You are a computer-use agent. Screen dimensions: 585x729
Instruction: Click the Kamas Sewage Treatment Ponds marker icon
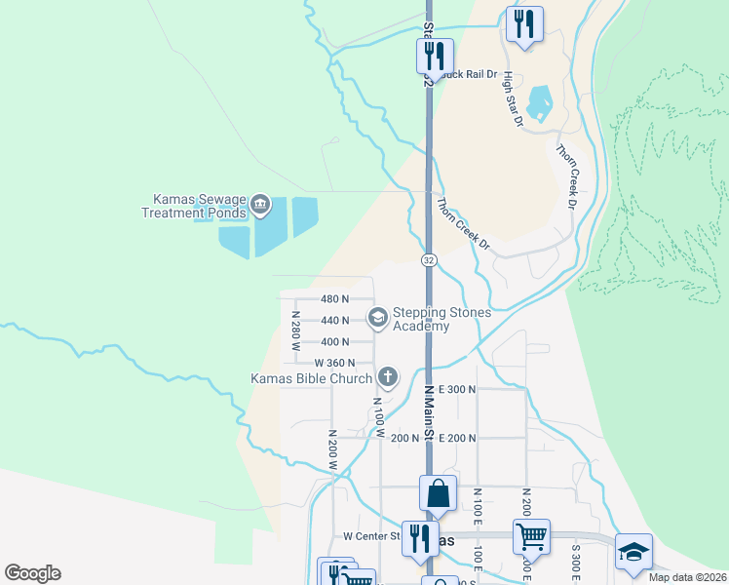click(x=259, y=205)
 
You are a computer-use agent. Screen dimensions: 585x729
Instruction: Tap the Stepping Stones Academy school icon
click(x=376, y=316)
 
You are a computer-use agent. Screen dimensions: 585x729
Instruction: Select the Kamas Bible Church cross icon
click(x=387, y=377)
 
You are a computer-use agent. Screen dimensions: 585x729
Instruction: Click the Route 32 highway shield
click(x=429, y=260)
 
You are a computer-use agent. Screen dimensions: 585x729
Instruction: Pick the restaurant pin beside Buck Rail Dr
click(x=434, y=57)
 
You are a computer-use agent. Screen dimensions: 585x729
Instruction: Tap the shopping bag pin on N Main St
click(x=439, y=493)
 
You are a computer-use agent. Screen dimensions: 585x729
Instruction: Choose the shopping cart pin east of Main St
click(x=531, y=537)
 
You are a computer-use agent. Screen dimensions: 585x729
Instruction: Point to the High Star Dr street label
click(x=514, y=100)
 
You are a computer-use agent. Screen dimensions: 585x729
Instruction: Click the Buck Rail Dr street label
click(x=469, y=73)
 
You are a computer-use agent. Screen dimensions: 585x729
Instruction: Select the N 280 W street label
click(x=293, y=332)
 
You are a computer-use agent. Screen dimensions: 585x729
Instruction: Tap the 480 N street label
click(x=334, y=299)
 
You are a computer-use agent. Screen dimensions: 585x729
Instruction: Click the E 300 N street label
click(x=457, y=388)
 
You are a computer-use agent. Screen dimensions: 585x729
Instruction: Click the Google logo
click(x=32, y=573)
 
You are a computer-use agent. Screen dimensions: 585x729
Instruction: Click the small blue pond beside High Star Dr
click(x=539, y=101)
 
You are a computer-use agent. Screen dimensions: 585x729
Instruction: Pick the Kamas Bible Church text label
click(x=312, y=378)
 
